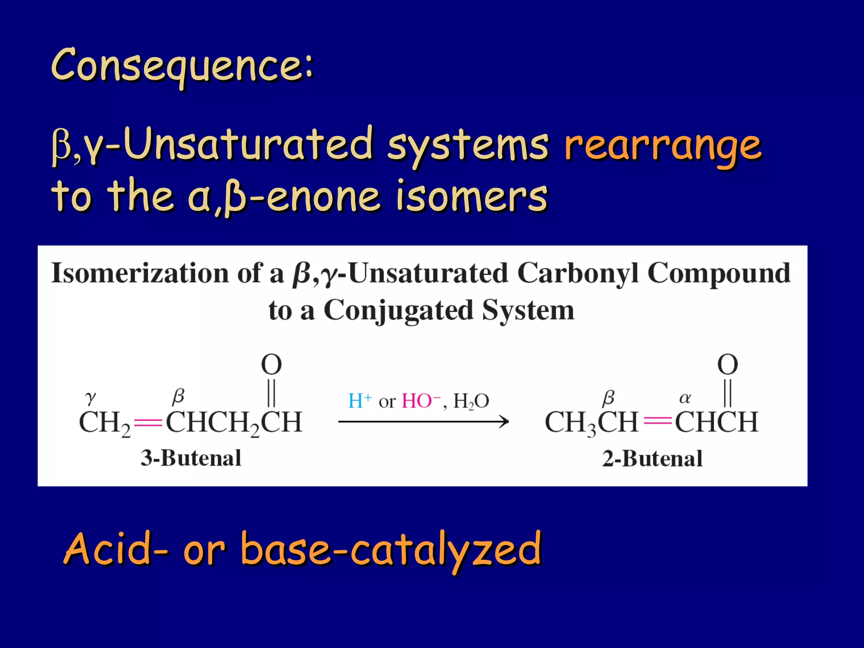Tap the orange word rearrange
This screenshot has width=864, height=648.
(x=663, y=146)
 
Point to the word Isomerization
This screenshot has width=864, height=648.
(x=139, y=273)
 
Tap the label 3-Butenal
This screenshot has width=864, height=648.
(x=191, y=458)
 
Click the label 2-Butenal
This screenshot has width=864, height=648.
(x=652, y=459)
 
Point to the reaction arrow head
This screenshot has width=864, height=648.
(x=505, y=421)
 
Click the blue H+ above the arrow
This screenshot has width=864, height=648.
(x=359, y=401)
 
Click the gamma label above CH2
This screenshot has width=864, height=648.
(x=90, y=397)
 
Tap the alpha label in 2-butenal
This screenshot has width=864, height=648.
(x=685, y=397)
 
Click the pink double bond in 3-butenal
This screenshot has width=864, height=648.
(x=148, y=422)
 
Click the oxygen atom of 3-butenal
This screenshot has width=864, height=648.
(x=271, y=365)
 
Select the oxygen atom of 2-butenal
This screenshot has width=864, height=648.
(x=728, y=365)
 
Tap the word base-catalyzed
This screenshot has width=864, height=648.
(x=390, y=548)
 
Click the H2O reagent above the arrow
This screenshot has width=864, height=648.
(x=471, y=401)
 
